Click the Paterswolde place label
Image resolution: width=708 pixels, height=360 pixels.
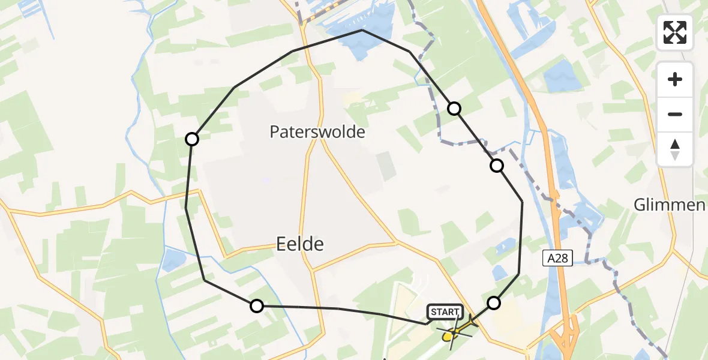pyautogui.click(x=317, y=131)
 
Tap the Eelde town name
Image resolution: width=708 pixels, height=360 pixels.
pyautogui.click(x=300, y=243)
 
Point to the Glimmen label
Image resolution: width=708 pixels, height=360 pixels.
pyautogui.click(x=669, y=205)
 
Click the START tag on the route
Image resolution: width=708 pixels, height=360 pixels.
pyautogui.click(x=445, y=311)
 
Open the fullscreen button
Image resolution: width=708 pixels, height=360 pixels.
pyautogui.click(x=675, y=32)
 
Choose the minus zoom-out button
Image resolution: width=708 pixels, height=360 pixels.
pyautogui.click(x=675, y=114)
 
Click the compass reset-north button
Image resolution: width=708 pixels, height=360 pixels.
pyautogui.click(x=675, y=149)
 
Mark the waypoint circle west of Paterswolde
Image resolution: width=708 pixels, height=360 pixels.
pyautogui.click(x=191, y=139)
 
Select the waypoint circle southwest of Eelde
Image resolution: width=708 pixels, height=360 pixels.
pyautogui.click(x=256, y=306)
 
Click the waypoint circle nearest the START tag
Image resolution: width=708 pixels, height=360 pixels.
pyautogui.click(x=493, y=303)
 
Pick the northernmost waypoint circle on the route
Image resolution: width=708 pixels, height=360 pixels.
pyautogui.click(x=454, y=109)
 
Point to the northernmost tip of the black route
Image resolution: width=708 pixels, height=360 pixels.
pyautogui.click(x=362, y=30)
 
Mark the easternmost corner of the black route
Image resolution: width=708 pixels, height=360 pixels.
pyautogui.click(x=522, y=202)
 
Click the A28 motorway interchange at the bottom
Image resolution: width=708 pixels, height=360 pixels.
pyautogui.click(x=567, y=336)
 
